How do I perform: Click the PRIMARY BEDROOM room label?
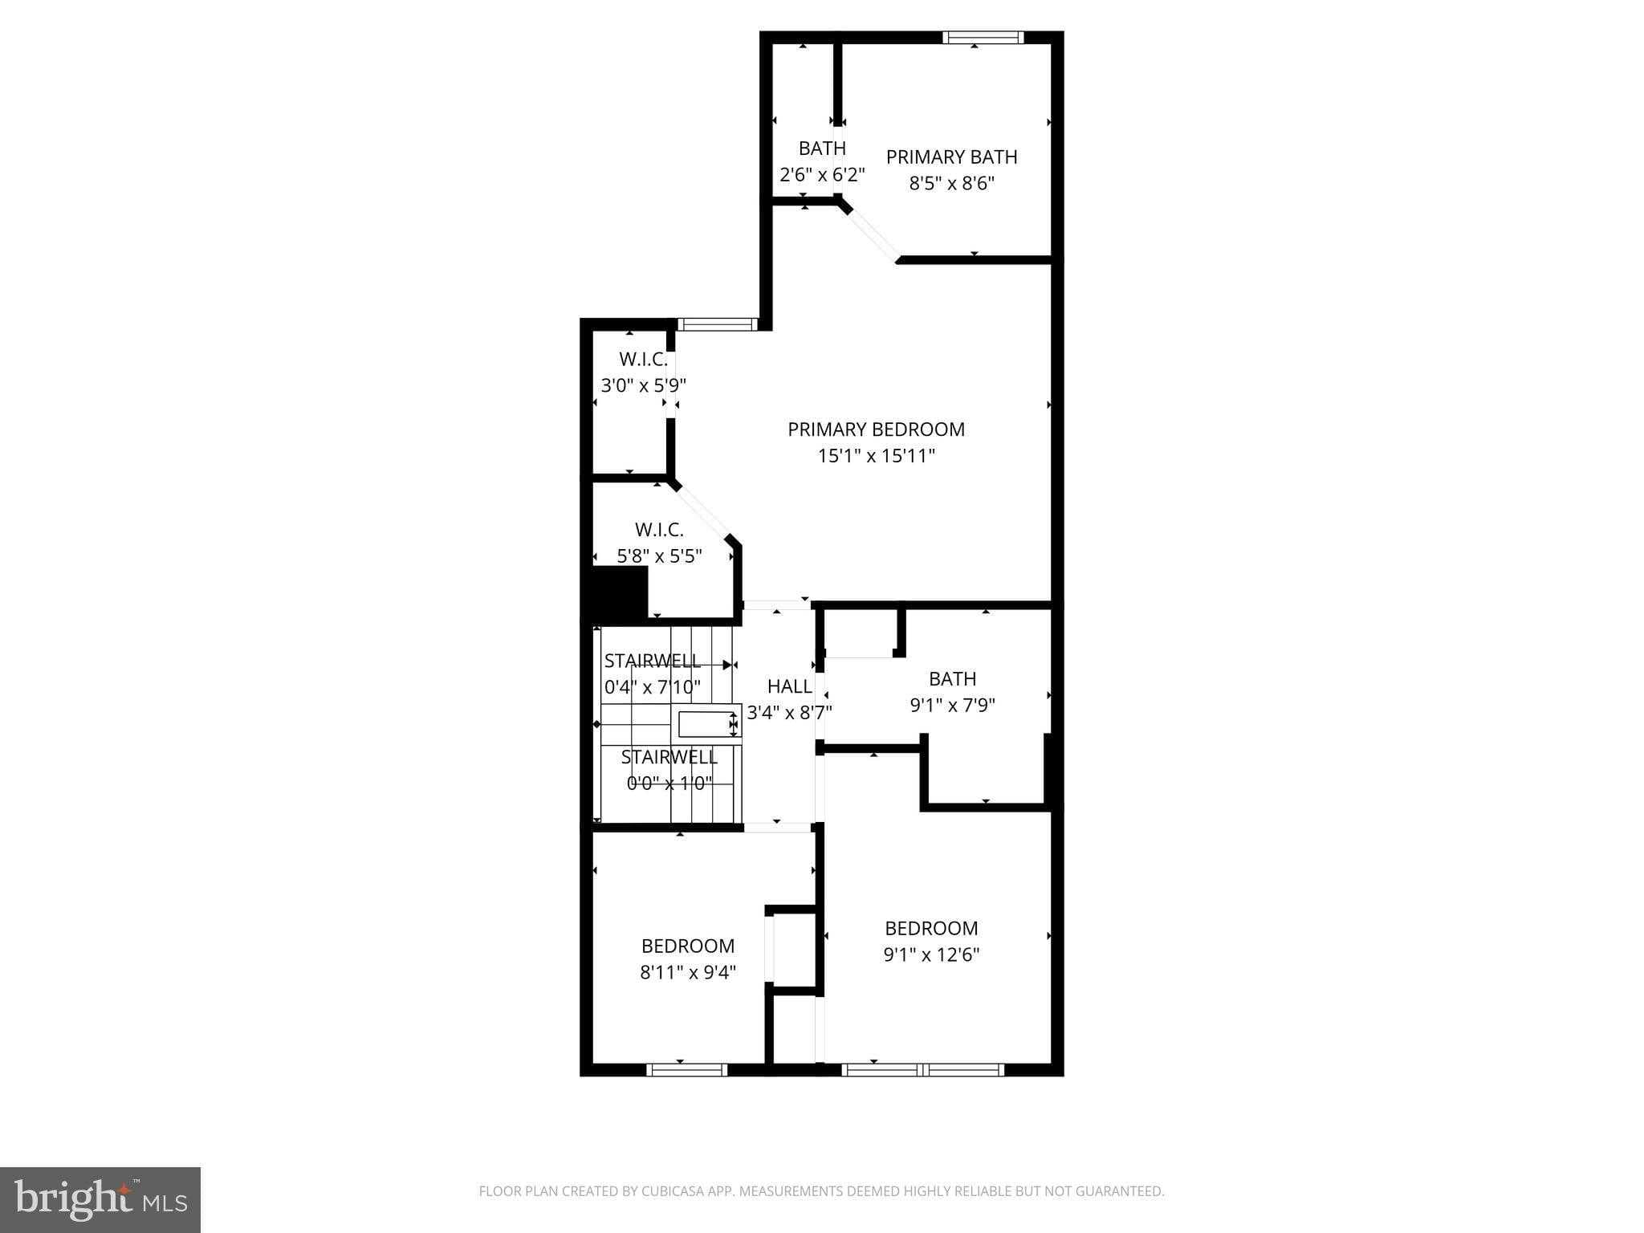coord(876,429)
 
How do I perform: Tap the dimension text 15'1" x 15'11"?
coord(876,456)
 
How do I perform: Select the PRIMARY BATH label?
coord(951,157)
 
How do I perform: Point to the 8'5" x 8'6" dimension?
coord(951,184)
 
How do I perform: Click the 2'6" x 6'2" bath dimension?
coord(822,175)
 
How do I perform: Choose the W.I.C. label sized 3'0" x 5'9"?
coord(643,359)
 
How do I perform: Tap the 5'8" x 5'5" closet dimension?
coord(659,555)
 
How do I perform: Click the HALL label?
coord(789,686)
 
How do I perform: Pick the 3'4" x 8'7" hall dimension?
coord(789,712)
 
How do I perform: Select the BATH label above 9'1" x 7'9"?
coord(952,679)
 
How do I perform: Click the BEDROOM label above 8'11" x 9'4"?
coord(688,946)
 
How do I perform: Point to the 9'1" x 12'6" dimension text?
coord(931,954)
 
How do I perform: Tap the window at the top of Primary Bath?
coord(983,37)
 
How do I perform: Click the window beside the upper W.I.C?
coord(717,325)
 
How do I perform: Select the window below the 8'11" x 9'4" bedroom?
coord(686,1069)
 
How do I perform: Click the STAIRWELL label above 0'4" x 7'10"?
coord(652,661)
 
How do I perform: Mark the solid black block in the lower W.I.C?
coord(620,592)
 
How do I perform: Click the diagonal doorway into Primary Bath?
coord(872,232)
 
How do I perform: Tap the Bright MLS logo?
coord(100,1199)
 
